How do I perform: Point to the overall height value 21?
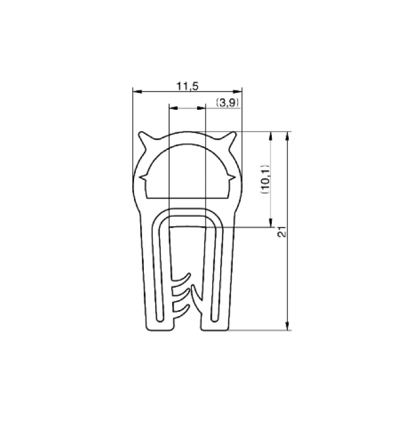281,232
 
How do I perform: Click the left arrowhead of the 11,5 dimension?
136,92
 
